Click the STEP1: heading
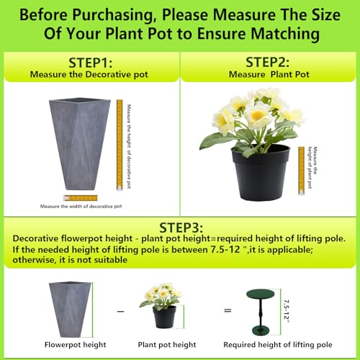(91, 63)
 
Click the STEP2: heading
(267, 62)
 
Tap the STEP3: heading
(181, 228)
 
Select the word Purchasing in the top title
(112, 15)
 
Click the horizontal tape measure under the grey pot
(81, 198)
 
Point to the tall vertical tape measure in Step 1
(120, 145)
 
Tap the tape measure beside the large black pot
(301, 171)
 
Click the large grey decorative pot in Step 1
(80, 144)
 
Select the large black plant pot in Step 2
(261, 173)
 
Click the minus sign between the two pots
(120, 311)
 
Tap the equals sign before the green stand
(228, 310)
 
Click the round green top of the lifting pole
(260, 294)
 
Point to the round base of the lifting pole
(263, 330)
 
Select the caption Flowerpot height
(75, 345)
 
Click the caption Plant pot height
(167, 345)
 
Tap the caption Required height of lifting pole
(278, 345)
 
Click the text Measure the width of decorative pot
(81, 207)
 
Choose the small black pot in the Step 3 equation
(164, 317)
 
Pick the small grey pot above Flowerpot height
(70, 310)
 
